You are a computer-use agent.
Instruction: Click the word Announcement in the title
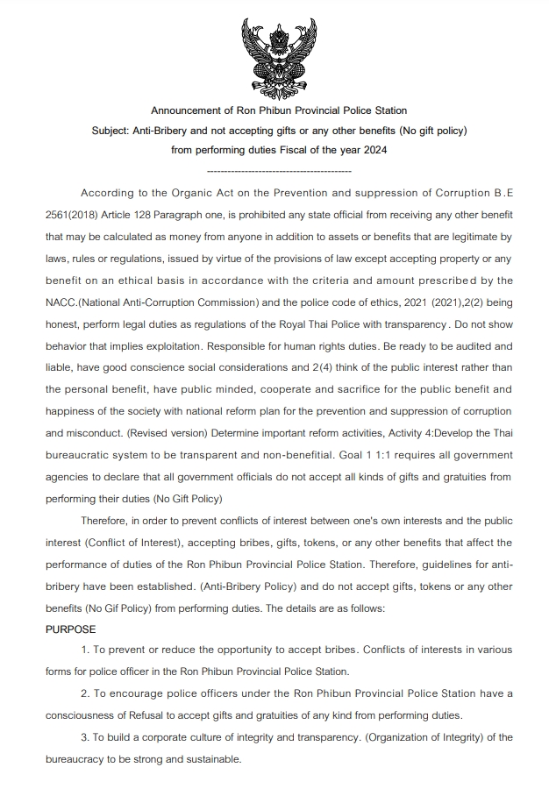pos(187,111)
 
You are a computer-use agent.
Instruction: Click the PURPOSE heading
pos(71,630)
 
